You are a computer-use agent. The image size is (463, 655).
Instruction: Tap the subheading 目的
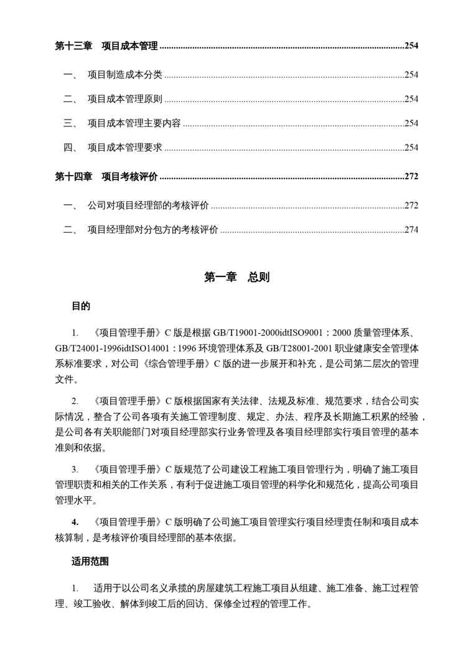click(x=81, y=306)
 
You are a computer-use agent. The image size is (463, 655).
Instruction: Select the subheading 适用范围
click(x=90, y=562)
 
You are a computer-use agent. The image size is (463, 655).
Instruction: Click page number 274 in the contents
click(x=411, y=230)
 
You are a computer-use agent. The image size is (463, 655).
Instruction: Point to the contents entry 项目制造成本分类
click(x=124, y=75)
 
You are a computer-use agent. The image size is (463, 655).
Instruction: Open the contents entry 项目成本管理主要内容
click(x=134, y=124)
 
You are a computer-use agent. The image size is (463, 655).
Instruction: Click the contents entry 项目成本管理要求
click(x=124, y=148)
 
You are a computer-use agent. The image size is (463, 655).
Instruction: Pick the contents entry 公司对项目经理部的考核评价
click(x=148, y=206)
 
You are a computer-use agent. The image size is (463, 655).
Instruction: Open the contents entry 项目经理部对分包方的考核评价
click(x=152, y=230)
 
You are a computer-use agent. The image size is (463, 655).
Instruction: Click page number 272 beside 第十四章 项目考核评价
click(x=411, y=177)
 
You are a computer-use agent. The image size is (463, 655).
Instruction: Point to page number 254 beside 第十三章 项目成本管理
click(x=411, y=45)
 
